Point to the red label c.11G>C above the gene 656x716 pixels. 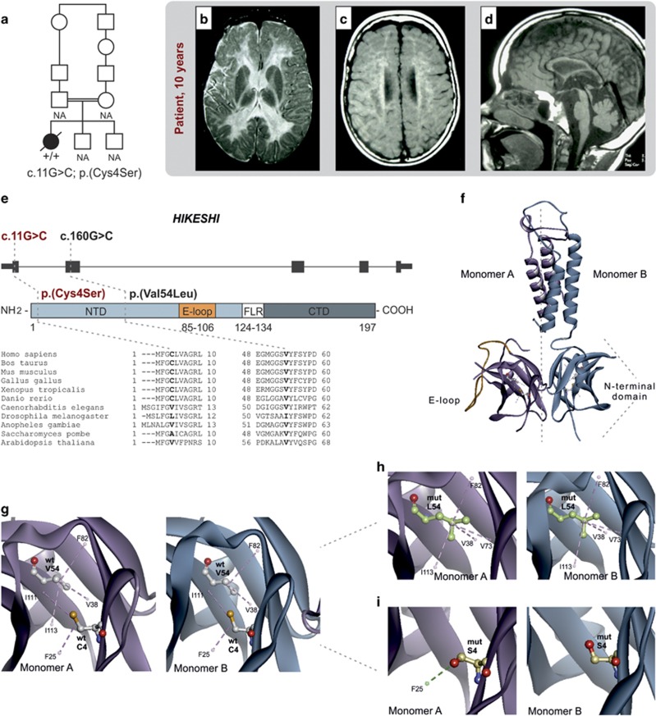pyautogui.click(x=28, y=236)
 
